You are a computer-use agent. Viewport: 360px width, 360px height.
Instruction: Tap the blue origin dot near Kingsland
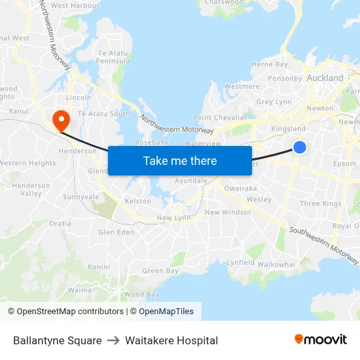click(x=299, y=147)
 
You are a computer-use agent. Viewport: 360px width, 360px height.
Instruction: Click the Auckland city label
click(x=325, y=77)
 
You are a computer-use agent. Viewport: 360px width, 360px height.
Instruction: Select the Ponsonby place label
click(x=285, y=79)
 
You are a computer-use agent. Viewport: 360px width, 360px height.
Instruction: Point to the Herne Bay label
click(x=270, y=64)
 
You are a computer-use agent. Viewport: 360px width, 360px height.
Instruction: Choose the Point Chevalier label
click(x=219, y=117)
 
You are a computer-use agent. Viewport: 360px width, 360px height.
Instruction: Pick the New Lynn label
click(x=173, y=218)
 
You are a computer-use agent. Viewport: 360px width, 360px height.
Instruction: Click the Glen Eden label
click(x=115, y=232)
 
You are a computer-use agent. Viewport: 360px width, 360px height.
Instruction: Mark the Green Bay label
click(x=160, y=270)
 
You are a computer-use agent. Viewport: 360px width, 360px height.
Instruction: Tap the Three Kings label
click(x=321, y=204)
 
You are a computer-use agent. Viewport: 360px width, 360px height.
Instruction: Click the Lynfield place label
click(x=240, y=262)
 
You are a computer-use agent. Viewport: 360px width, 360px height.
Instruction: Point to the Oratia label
click(x=60, y=223)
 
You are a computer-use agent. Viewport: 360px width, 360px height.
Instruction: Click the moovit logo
click(x=320, y=340)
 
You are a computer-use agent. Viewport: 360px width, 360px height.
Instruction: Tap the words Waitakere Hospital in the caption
click(x=171, y=340)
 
